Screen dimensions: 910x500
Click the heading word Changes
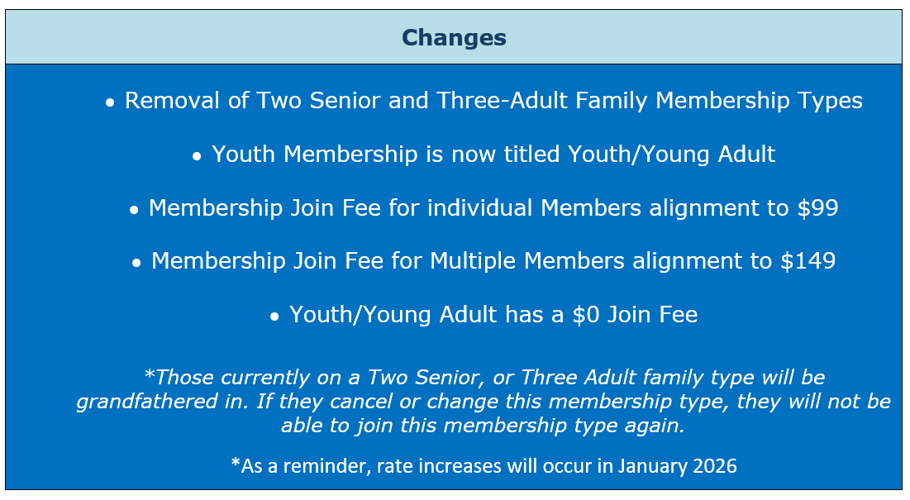pos(454,38)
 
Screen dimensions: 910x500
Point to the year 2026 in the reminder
pos(715,466)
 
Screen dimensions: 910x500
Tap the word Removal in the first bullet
pos(173,100)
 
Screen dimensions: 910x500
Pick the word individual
pos(480,207)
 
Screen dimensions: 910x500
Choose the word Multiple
pos(473,261)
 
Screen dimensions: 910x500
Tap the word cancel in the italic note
pos(358,402)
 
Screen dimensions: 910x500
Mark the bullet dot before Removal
pos(110,103)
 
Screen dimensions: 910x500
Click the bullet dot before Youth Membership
pos(197,157)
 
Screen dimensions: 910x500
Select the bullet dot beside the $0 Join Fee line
pos(274,317)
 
